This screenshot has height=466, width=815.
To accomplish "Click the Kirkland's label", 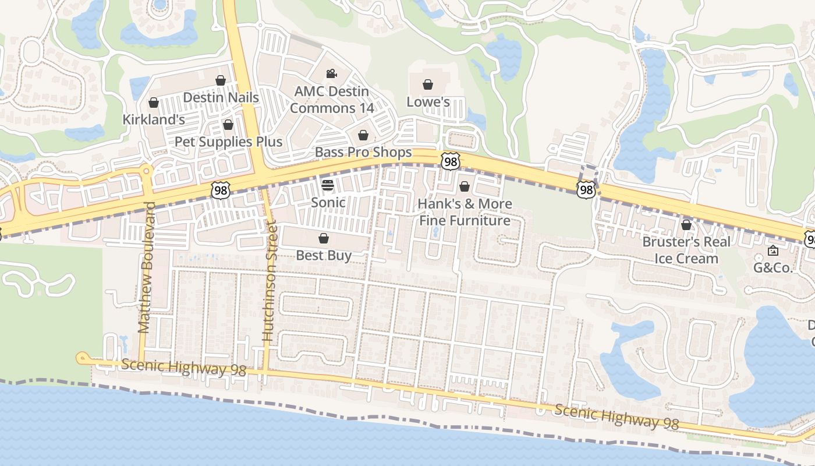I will point(154,119).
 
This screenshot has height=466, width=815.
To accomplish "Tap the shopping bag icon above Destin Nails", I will point(221,80).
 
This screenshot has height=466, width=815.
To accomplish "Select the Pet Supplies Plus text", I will point(228,142).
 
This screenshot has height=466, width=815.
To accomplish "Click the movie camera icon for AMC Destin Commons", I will point(331,73).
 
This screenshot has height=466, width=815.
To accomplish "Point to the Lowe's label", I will point(428,102).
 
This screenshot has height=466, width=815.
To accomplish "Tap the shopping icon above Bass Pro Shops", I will point(363,135).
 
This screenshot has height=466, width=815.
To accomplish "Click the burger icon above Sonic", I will point(328,185).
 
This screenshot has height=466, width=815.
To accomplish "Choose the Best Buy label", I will point(324,255).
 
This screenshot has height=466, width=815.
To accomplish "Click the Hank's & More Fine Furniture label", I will point(465,212).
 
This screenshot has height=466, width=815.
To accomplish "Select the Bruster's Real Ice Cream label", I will point(686,250).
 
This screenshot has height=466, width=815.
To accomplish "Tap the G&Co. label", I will point(773,268).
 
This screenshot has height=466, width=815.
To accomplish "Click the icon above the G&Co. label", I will point(773,251).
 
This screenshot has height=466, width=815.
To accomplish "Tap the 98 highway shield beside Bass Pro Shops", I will point(449,161).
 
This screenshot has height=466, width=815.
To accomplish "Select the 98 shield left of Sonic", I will point(221,189).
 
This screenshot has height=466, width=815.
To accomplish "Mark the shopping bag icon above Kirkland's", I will point(154,103).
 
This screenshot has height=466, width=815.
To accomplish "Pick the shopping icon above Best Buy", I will point(324,238).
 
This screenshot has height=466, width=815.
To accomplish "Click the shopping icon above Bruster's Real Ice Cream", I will point(686,224).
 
